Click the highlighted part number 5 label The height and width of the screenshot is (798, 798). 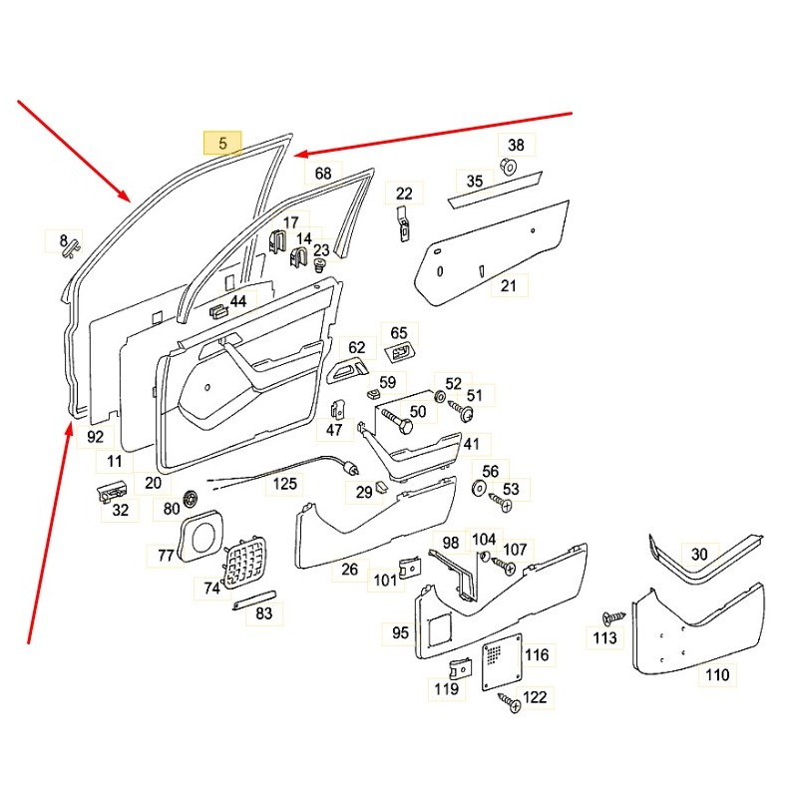click(x=222, y=144)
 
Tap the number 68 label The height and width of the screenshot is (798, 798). click(x=323, y=174)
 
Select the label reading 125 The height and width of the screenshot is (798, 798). click(x=286, y=485)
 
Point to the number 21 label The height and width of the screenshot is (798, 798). click(x=509, y=286)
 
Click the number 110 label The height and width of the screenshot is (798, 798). click(x=716, y=675)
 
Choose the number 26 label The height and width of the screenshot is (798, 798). click(x=349, y=570)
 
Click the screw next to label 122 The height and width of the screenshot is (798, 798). click(x=510, y=705)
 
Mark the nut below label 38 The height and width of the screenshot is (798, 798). click(x=508, y=167)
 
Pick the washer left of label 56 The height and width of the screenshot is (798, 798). click(x=477, y=489)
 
